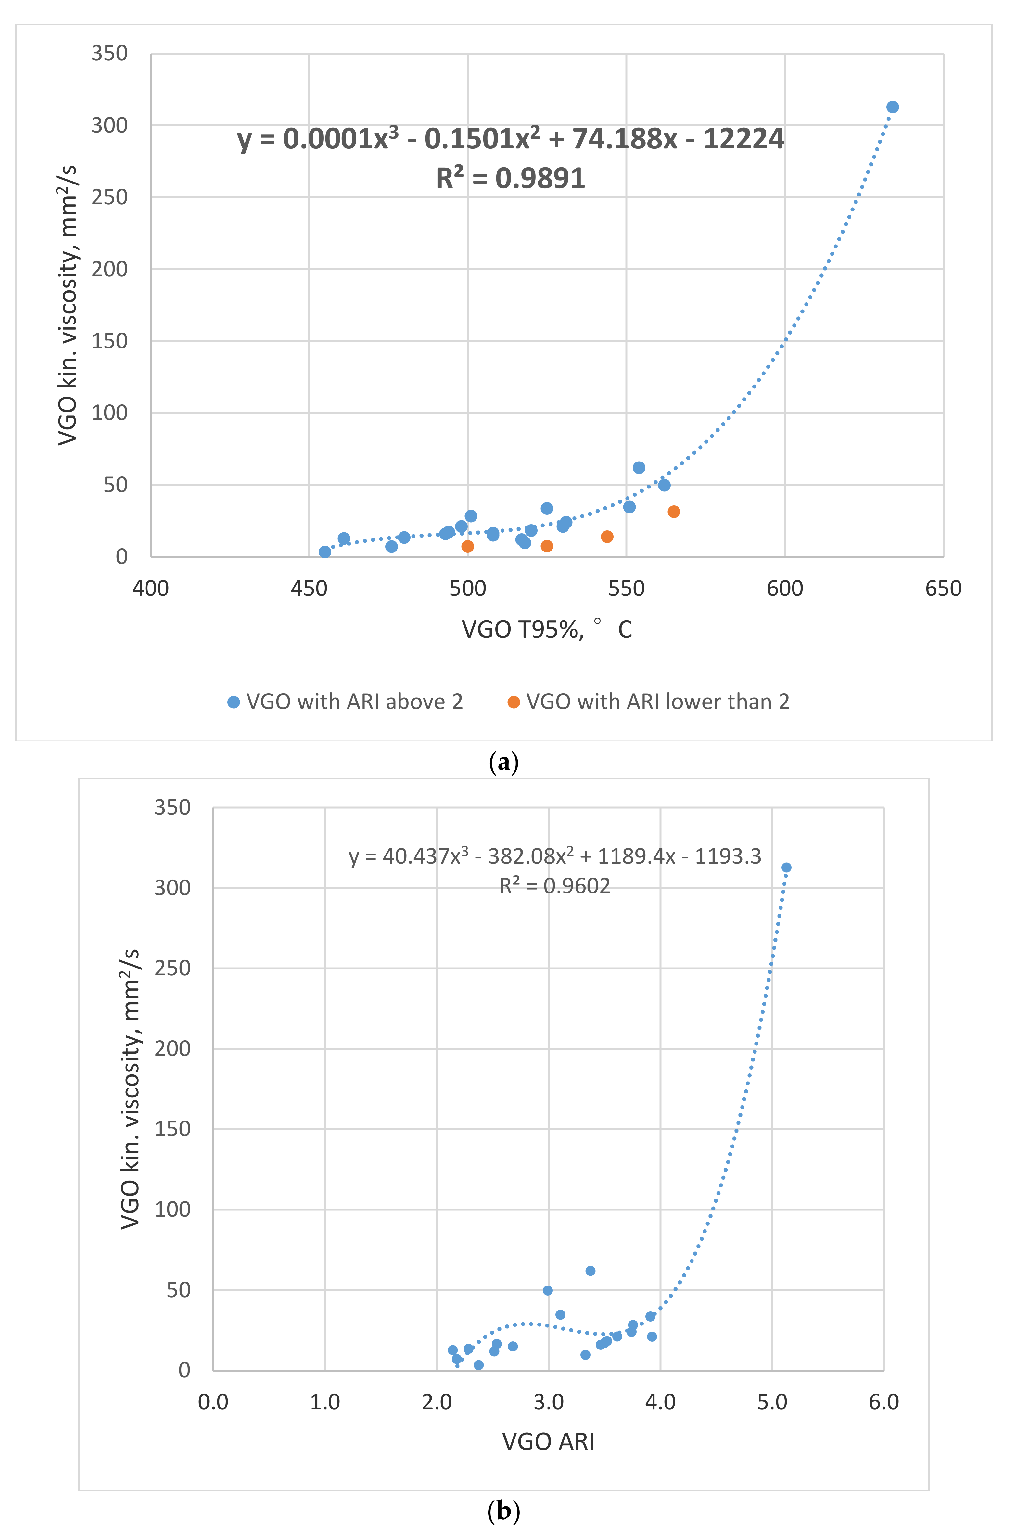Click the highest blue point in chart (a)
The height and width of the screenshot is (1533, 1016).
pos(892,107)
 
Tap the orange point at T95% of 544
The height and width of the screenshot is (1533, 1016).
pos(607,537)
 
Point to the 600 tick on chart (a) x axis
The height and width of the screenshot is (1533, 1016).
pos(785,588)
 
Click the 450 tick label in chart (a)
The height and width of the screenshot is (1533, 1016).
pos(309,588)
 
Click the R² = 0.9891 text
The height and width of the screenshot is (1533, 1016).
pos(511,178)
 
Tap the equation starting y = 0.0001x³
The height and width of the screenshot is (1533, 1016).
pos(511,139)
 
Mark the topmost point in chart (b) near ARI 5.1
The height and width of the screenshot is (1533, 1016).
pos(786,868)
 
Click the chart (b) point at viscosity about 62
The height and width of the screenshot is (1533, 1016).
pos(590,1271)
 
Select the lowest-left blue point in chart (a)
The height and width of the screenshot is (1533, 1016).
pos(324,552)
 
